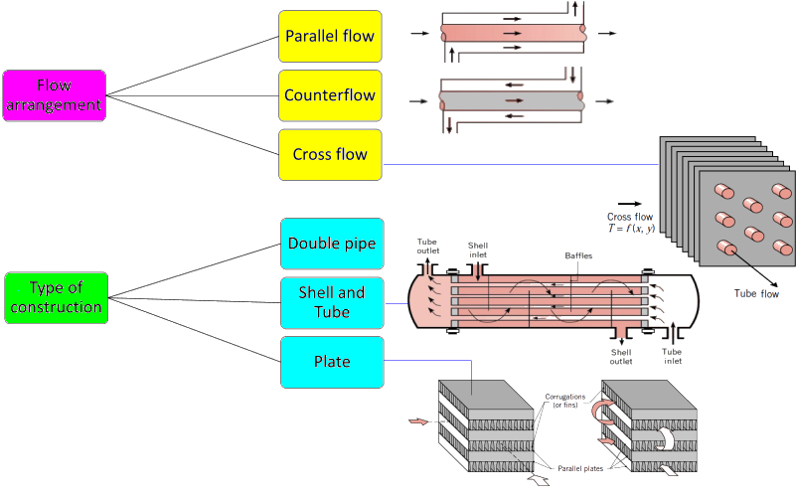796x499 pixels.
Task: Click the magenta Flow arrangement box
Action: click(x=55, y=95)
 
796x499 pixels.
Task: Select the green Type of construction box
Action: click(x=55, y=297)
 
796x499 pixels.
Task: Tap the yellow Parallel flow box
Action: click(x=330, y=37)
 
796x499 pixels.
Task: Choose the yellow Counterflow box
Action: click(x=330, y=96)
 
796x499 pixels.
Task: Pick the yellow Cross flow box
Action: click(x=330, y=155)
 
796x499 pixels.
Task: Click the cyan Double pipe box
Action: click(x=331, y=244)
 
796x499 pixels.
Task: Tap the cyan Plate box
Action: click(x=331, y=362)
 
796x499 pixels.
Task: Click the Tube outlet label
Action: click(x=428, y=246)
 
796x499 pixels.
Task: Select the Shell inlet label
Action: click(x=479, y=246)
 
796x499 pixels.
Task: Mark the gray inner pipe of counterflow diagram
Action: click(x=507, y=99)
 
